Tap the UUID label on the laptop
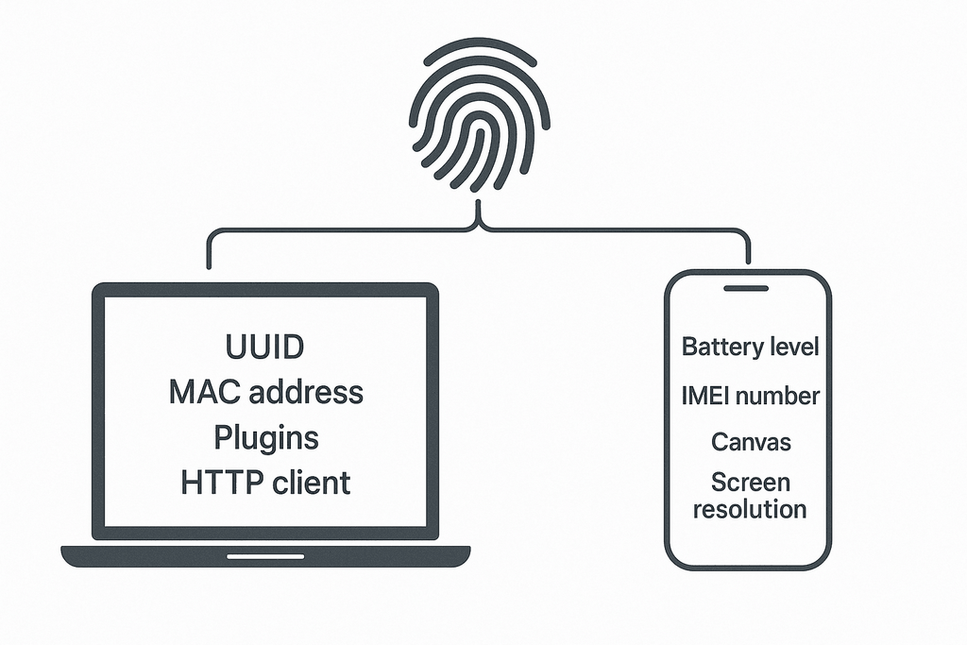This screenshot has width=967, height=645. click(x=265, y=347)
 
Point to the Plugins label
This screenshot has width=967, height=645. click(x=265, y=438)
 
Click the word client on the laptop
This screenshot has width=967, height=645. click(x=310, y=483)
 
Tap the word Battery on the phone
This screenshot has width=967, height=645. click(x=721, y=347)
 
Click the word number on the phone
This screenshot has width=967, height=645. click(x=778, y=397)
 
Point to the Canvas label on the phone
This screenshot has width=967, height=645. click(x=751, y=442)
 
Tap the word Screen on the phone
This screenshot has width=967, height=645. click(x=751, y=483)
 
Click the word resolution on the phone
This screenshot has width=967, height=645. click(x=750, y=510)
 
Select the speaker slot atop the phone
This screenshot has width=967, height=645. click(x=748, y=287)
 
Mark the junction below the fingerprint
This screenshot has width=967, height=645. click(x=480, y=225)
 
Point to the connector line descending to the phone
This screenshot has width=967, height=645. click(x=749, y=248)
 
